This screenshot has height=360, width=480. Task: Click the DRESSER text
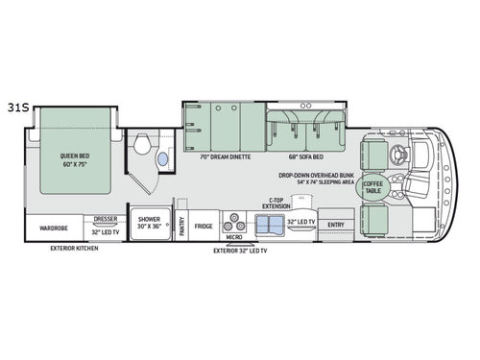tap(106, 219)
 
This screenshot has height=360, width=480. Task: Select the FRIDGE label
tap(204, 228)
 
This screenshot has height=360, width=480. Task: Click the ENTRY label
tap(335, 227)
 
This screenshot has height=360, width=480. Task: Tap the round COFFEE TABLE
tap(372, 189)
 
